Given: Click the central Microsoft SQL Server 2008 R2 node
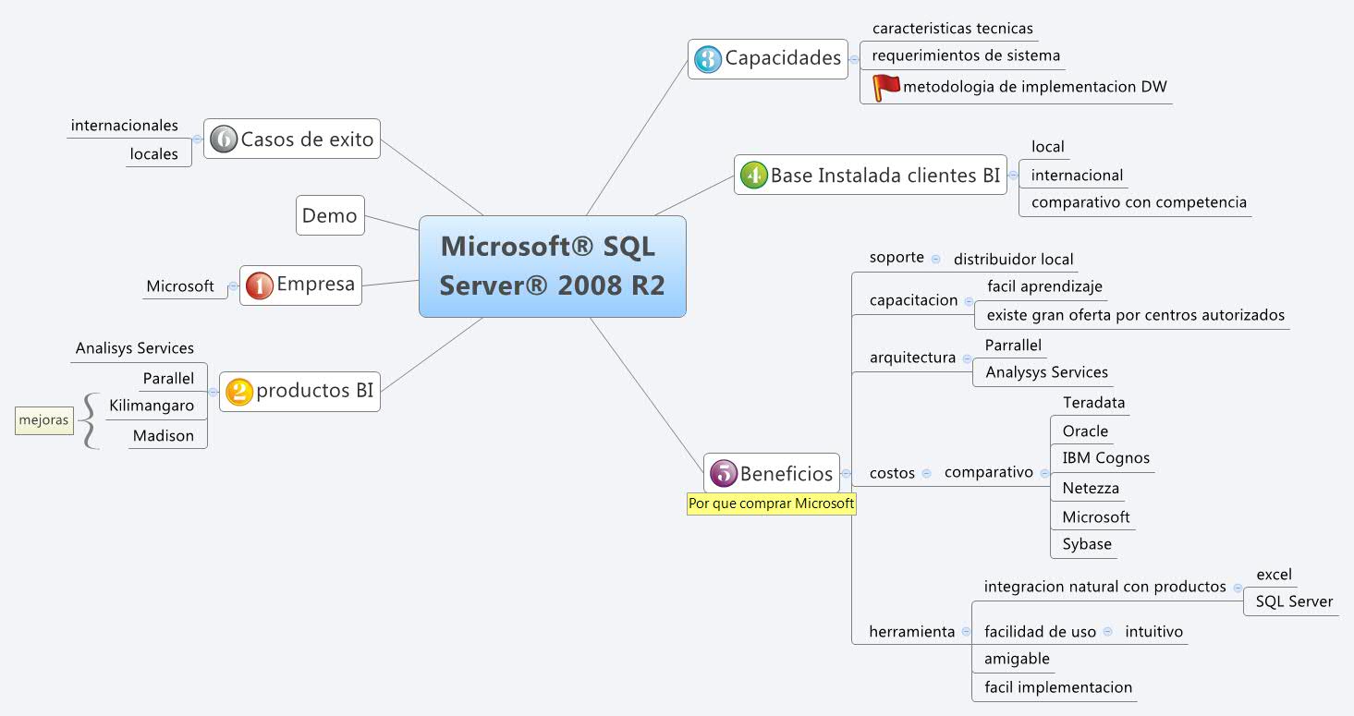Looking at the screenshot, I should coord(552,266).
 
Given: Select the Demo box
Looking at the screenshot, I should coord(330,215).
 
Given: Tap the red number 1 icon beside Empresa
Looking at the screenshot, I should coord(259,285).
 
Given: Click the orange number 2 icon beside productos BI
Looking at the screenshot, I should coord(239,392).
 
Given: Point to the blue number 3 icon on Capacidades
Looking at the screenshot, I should coord(707,59).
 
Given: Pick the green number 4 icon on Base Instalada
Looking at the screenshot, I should coord(753,176).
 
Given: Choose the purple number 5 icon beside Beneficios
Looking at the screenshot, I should coord(723,474).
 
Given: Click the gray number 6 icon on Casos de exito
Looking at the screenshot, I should coord(223,140).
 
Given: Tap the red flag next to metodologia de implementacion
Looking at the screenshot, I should coord(885,87).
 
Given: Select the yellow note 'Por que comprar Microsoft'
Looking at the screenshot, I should coord(772,504).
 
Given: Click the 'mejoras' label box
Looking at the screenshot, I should coord(43,420).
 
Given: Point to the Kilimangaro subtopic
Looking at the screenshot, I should coord(152,406).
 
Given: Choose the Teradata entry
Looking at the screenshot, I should coord(1093,403).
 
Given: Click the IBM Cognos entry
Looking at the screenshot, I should coord(1105,458).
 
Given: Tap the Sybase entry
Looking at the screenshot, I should coord(1086,544).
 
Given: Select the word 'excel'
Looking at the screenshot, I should coord(1274,575).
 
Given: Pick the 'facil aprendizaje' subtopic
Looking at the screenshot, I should coord(1044,287).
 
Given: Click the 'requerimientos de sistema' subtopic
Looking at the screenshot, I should coord(966,55).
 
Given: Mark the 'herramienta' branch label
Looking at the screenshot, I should coord(911,632).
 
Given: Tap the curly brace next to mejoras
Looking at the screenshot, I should coord(89,421).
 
